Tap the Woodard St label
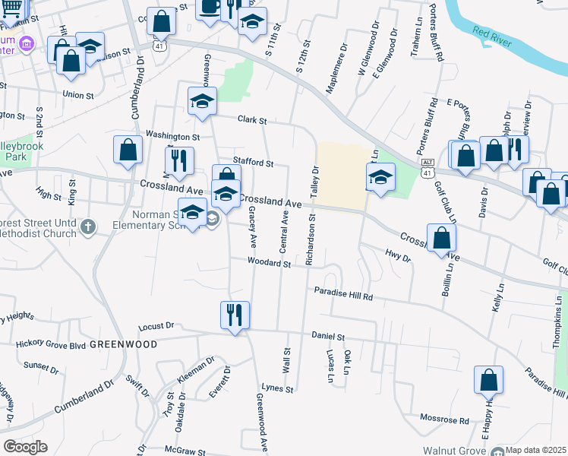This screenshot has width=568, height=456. (x=269, y=263)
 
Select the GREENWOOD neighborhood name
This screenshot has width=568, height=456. (x=123, y=344)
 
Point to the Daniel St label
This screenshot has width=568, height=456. (x=328, y=336)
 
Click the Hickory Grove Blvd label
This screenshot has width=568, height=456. (x=51, y=344)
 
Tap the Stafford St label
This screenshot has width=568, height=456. (x=252, y=163)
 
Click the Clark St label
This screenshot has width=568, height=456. (x=252, y=120)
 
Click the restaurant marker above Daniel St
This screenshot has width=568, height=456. (x=235, y=314)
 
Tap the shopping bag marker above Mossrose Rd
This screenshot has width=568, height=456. (x=489, y=380)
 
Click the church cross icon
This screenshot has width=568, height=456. (x=89, y=226)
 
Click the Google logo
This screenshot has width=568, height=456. (x=25, y=447)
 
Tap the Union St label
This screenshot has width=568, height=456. (x=78, y=96)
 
